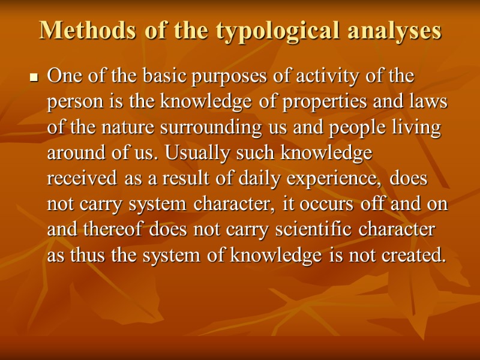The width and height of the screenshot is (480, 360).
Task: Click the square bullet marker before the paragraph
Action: (34, 78)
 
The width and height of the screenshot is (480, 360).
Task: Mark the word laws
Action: (428, 103)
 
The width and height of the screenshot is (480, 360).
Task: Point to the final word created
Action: (415, 256)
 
